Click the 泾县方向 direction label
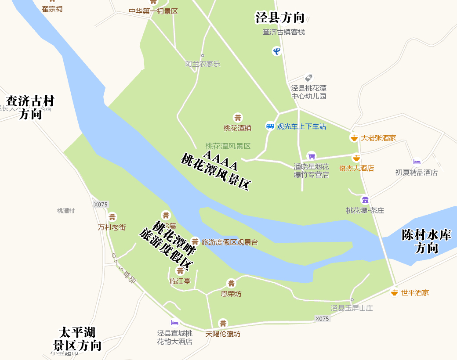(280, 18)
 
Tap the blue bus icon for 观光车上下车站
(270, 126)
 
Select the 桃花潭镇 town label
(237, 128)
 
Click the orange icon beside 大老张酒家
(354, 137)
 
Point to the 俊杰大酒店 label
(356, 168)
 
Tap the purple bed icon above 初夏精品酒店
(417, 162)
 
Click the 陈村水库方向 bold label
(426, 241)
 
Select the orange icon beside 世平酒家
(394, 292)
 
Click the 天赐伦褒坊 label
(223, 334)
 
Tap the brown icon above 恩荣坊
(231, 284)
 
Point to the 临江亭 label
(180, 281)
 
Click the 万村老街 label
(112, 227)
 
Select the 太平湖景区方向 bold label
(77, 338)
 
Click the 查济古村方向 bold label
(30, 108)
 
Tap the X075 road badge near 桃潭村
(101, 204)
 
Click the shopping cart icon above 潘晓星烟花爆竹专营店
(311, 156)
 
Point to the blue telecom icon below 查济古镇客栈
(276, 51)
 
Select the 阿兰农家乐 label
(203, 64)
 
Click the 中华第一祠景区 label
(153, 11)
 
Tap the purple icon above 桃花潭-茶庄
(365, 200)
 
